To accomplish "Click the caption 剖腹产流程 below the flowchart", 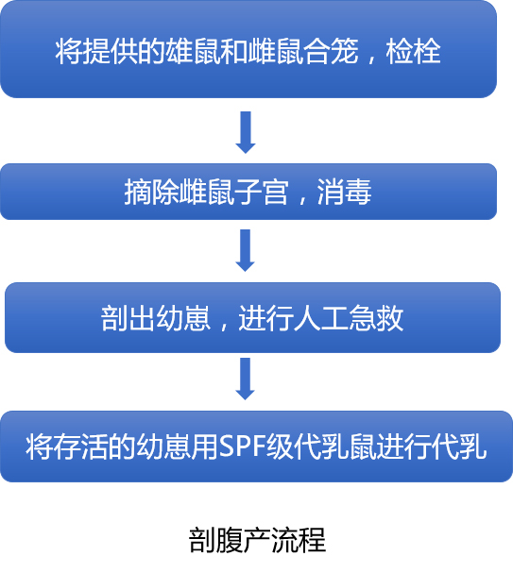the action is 257,540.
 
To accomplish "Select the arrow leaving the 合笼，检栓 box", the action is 246,132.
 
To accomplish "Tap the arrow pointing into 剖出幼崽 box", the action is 246,250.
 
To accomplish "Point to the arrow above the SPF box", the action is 246,379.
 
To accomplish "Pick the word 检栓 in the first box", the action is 413,52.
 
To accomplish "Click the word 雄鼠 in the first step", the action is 194,52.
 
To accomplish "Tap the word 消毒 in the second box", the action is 345,192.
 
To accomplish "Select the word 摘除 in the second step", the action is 152,192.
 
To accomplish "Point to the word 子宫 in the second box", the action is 262,192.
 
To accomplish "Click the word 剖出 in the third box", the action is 128,318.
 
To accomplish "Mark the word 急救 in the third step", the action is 376,318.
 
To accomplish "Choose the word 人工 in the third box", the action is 321,318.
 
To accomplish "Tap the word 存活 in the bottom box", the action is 81,447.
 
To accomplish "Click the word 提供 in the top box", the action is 111,52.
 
